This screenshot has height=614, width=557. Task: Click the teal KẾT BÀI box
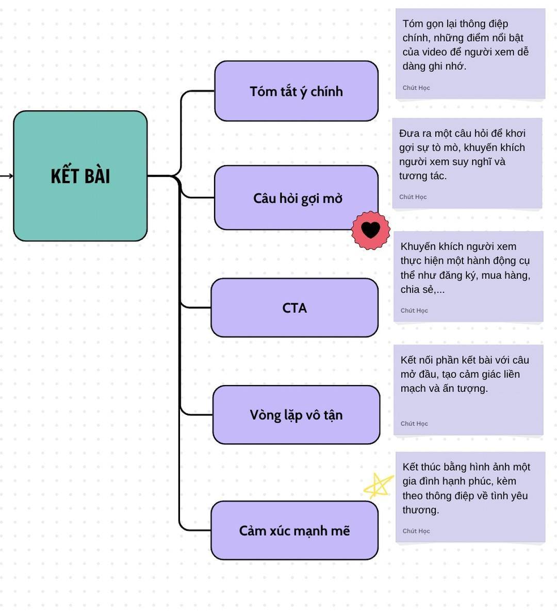point(80,206)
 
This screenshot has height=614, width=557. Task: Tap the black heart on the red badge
point(370,230)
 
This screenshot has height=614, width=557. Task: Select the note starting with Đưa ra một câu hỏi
point(467,163)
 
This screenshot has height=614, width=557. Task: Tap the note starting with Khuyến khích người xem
point(468,276)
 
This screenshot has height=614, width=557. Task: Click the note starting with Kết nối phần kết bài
point(468,389)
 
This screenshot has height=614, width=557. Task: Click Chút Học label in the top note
point(416,88)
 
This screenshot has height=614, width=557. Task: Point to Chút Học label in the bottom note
point(416,531)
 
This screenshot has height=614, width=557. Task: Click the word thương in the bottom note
point(420,510)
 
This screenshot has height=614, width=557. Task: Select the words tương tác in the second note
point(423,176)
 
